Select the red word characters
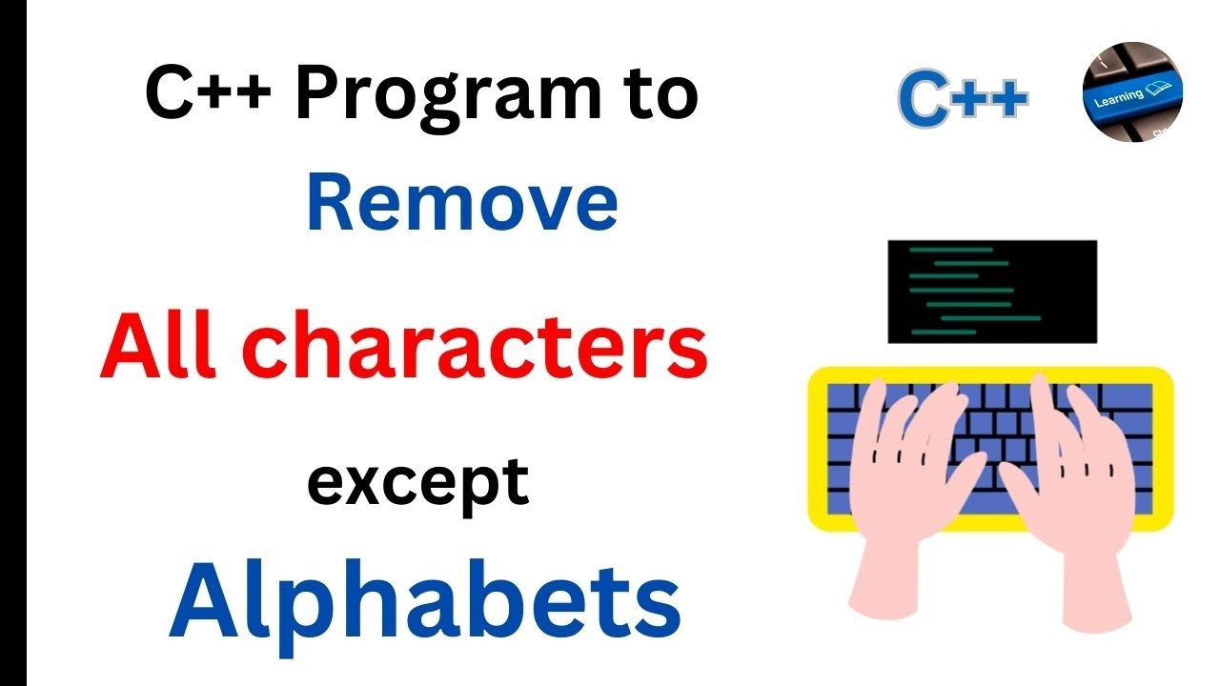(481, 349)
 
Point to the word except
(417, 482)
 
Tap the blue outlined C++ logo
(964, 99)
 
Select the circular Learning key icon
(1133, 91)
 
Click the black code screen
(992, 292)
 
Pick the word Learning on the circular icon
(1119, 97)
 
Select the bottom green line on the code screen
(944, 332)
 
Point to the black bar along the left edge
(12, 343)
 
